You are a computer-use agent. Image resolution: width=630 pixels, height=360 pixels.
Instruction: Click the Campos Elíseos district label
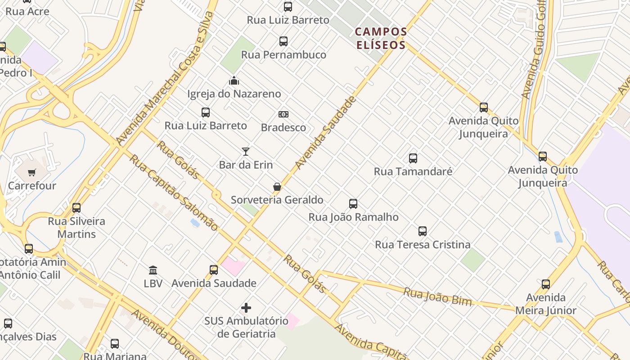[x=381, y=38]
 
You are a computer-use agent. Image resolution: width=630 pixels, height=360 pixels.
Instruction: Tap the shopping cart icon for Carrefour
[x=32, y=172]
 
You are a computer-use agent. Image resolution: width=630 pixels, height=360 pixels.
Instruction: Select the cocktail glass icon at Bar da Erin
[x=246, y=152]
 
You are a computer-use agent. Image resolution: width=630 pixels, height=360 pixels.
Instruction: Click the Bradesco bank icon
[x=283, y=114]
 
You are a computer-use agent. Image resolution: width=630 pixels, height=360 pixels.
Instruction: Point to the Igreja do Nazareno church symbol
[x=234, y=81]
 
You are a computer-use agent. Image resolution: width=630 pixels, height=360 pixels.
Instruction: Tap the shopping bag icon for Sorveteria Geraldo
[x=277, y=187]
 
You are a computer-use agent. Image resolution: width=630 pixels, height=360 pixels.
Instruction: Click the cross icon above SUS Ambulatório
[x=246, y=308]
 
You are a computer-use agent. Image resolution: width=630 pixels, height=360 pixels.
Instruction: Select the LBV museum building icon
[x=153, y=270]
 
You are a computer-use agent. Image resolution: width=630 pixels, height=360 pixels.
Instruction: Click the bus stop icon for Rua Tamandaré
[x=413, y=158]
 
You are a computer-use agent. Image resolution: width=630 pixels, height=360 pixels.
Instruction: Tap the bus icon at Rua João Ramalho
[x=353, y=204]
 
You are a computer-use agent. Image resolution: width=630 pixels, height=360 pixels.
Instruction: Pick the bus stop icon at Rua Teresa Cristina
[x=423, y=231]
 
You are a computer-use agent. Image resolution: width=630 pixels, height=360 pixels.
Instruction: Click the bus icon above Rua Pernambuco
[x=283, y=41]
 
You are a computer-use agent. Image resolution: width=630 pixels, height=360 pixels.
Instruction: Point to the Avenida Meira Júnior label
[x=545, y=304]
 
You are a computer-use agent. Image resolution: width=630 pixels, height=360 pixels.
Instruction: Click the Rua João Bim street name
[x=437, y=297]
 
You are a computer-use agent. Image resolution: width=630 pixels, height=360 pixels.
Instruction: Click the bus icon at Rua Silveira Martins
[x=76, y=208]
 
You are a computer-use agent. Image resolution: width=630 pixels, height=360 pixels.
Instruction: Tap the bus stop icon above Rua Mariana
[x=115, y=344]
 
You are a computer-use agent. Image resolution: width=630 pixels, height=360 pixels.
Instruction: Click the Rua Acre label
[x=27, y=11]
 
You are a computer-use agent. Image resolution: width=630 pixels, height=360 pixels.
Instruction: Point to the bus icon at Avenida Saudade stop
[x=214, y=270]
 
